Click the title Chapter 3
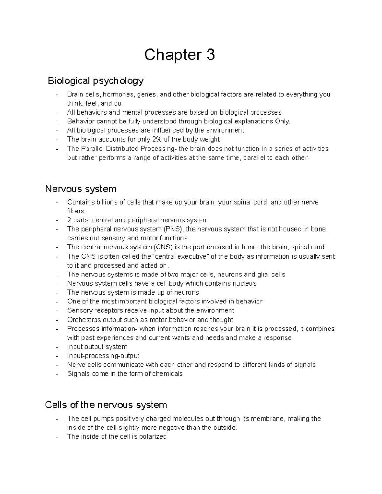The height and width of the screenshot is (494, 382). pyautogui.click(x=180, y=55)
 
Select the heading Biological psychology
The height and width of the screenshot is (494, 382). pyautogui.click(x=95, y=81)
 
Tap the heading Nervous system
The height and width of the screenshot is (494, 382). pyautogui.click(x=81, y=189)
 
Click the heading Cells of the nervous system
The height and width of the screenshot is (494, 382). pyautogui.click(x=106, y=405)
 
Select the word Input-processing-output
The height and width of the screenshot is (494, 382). pyautogui.click(x=103, y=356)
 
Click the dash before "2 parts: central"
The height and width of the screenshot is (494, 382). pyautogui.click(x=57, y=220)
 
